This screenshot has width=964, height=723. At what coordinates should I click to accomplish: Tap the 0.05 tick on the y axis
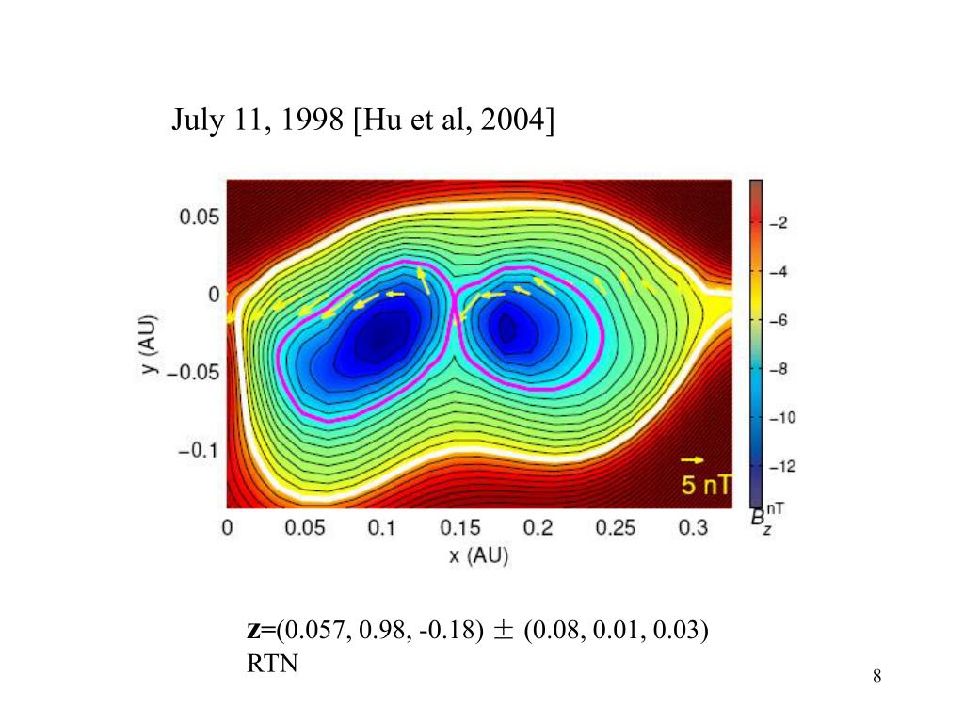[x=200, y=217]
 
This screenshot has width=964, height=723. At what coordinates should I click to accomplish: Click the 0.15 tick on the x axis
[x=459, y=529]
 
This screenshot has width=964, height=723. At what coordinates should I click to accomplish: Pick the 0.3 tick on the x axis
[x=693, y=529]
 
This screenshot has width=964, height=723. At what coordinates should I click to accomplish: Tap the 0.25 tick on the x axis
[x=616, y=529]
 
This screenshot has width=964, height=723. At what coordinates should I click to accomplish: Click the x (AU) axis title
[x=478, y=556]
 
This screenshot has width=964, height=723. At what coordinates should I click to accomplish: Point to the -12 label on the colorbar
[x=783, y=466]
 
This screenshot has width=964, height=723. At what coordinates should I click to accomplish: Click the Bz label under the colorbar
[x=758, y=518]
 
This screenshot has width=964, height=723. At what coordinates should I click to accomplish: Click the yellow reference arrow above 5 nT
[x=692, y=460]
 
